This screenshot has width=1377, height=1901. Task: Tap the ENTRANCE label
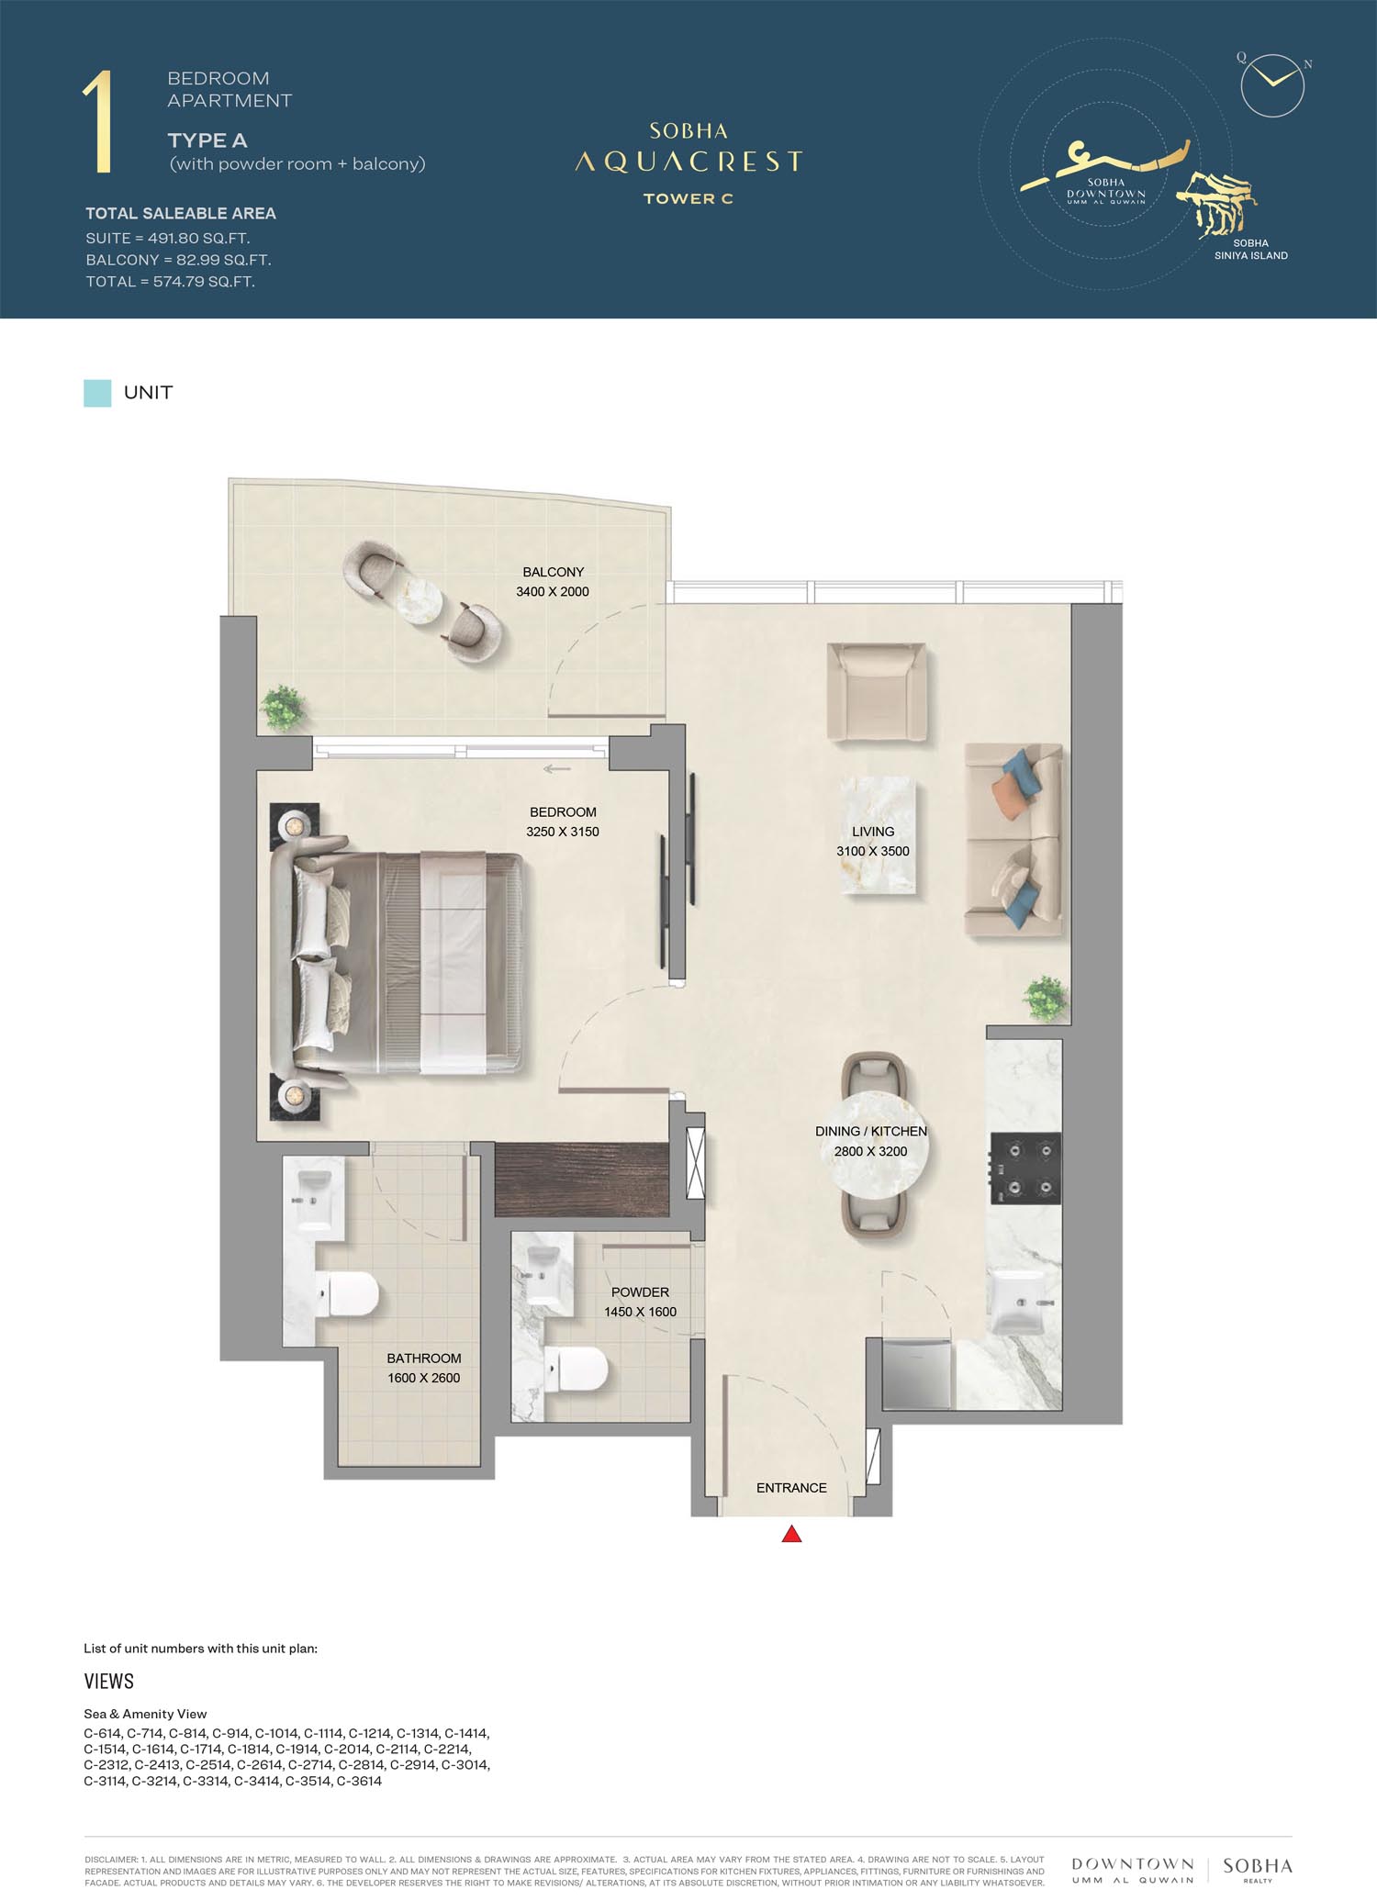(x=791, y=1487)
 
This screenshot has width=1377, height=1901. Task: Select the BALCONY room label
(x=553, y=572)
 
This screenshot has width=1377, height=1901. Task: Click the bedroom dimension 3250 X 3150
(x=563, y=832)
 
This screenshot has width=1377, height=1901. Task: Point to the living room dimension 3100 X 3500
(x=873, y=851)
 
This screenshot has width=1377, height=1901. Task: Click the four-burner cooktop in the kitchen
(x=1025, y=1168)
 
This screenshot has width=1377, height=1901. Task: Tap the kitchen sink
(x=1020, y=1303)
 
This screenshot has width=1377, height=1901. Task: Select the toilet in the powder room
(x=576, y=1370)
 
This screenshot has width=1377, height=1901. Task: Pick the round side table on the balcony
(x=420, y=602)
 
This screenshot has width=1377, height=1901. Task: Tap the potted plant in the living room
(x=1046, y=998)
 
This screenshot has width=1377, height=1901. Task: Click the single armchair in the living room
(x=877, y=692)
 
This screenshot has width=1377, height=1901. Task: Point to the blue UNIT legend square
(x=97, y=393)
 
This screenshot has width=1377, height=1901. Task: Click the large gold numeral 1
(x=99, y=122)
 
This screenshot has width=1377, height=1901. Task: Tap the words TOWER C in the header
(x=688, y=198)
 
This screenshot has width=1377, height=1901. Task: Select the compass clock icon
(x=1272, y=84)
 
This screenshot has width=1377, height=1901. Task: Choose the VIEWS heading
(x=109, y=1682)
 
